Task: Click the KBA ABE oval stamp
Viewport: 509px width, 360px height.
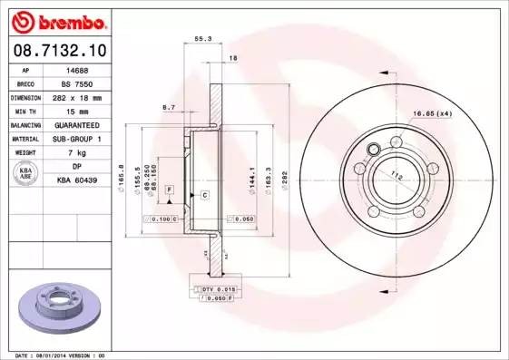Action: (x=27, y=173)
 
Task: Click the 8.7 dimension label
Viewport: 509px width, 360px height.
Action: (x=169, y=107)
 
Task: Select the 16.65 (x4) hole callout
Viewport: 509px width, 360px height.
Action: (x=433, y=113)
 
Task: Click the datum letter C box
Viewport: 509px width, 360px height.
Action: (x=205, y=195)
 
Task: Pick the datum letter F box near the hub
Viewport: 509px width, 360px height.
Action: (x=169, y=189)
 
